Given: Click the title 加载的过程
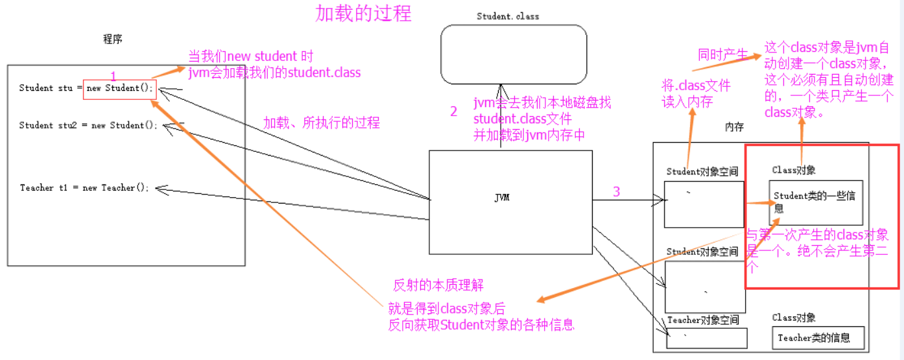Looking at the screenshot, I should point(363,13).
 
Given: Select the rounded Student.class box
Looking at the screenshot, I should point(514,54).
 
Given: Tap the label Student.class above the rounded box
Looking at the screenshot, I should point(508,16).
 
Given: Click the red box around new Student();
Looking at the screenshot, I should point(120,88).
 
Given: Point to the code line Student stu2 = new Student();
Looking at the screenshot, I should point(88,125).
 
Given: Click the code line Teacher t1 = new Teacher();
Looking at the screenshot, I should point(85,187).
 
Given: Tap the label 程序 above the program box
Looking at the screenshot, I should point(112,40).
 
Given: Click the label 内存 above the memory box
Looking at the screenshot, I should point(734,128).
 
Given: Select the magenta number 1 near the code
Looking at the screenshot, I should point(113,77).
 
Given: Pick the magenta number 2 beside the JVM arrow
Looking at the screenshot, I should point(454,111).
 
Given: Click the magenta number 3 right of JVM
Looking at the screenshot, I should point(616,192).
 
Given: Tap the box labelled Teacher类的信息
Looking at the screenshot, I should point(818,338).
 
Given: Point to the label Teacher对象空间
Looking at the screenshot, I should point(703,320).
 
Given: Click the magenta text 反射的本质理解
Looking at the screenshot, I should point(438,285).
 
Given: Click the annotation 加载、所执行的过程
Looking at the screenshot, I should point(321,123).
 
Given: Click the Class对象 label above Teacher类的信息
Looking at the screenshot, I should point(794,318).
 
